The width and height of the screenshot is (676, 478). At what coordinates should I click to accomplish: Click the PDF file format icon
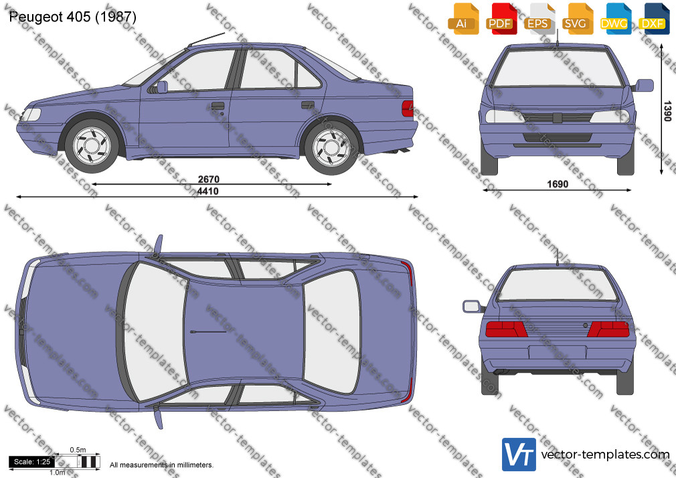[x=500, y=18]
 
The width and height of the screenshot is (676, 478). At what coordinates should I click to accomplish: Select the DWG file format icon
[x=614, y=18]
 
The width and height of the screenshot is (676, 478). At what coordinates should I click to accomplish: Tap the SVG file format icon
[x=576, y=18]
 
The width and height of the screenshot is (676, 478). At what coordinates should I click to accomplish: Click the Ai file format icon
[x=462, y=18]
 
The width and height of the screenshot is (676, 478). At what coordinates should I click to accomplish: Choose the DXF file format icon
[x=653, y=18]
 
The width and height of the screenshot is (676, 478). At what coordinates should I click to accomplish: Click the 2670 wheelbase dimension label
[x=209, y=179]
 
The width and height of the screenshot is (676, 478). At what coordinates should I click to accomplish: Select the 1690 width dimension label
[x=558, y=184]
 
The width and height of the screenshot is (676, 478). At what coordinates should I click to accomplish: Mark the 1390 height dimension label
[x=667, y=111]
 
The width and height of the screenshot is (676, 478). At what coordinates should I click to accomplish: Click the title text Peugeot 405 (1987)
[x=72, y=17]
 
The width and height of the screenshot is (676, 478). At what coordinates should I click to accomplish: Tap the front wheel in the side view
[x=92, y=145]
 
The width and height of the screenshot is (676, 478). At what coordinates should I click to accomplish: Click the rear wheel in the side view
[x=331, y=147]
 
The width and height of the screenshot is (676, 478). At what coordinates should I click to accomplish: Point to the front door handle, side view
[x=218, y=106]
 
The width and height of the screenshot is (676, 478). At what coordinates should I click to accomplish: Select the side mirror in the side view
[x=161, y=87]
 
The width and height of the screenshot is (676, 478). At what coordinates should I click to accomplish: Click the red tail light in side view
[x=408, y=108]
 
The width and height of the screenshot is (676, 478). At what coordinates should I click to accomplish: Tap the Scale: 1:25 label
[x=32, y=462]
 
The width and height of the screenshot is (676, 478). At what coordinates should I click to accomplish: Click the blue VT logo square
[x=519, y=455]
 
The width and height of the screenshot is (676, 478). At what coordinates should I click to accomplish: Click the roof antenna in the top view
[x=207, y=332]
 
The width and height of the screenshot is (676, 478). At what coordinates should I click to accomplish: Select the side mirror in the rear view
[x=473, y=307]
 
